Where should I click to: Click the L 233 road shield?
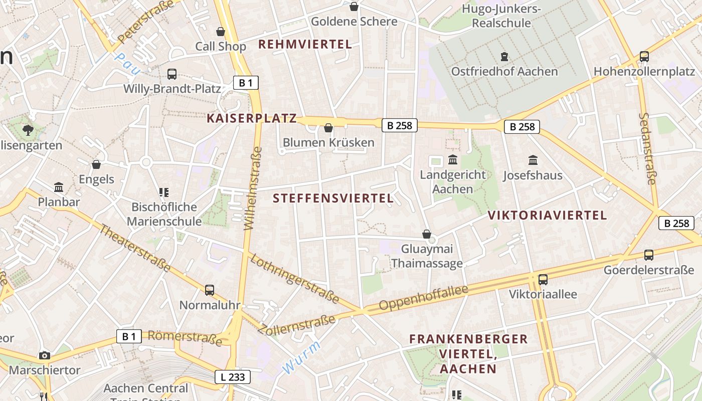233,377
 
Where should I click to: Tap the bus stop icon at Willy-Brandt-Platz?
172,74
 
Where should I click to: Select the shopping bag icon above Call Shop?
220,32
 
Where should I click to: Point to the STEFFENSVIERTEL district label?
333,198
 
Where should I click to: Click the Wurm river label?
301,357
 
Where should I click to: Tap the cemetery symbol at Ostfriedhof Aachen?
504,57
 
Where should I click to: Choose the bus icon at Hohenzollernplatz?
644,57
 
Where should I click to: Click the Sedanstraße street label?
647,148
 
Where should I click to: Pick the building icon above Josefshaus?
533,160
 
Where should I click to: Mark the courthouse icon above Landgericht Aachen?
453,160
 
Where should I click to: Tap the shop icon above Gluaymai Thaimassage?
427,234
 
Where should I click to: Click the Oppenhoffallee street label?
424,298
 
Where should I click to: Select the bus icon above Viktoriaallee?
543,279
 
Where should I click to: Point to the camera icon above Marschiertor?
45,355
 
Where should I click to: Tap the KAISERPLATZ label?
252,119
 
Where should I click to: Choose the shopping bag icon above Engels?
96,164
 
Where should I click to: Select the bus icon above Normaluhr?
210,290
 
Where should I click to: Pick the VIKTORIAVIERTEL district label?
547,216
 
